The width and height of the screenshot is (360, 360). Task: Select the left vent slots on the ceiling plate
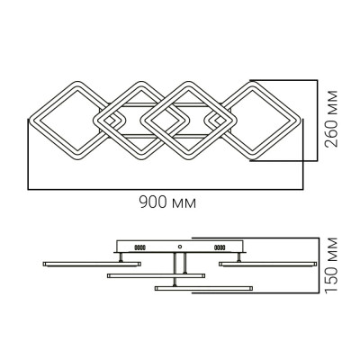pos(137,246)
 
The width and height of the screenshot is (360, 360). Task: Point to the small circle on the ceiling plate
pos(180,246)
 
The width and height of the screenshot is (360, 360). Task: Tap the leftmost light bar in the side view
pos(90,262)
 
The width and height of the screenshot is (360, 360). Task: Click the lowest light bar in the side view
pos(203,287)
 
